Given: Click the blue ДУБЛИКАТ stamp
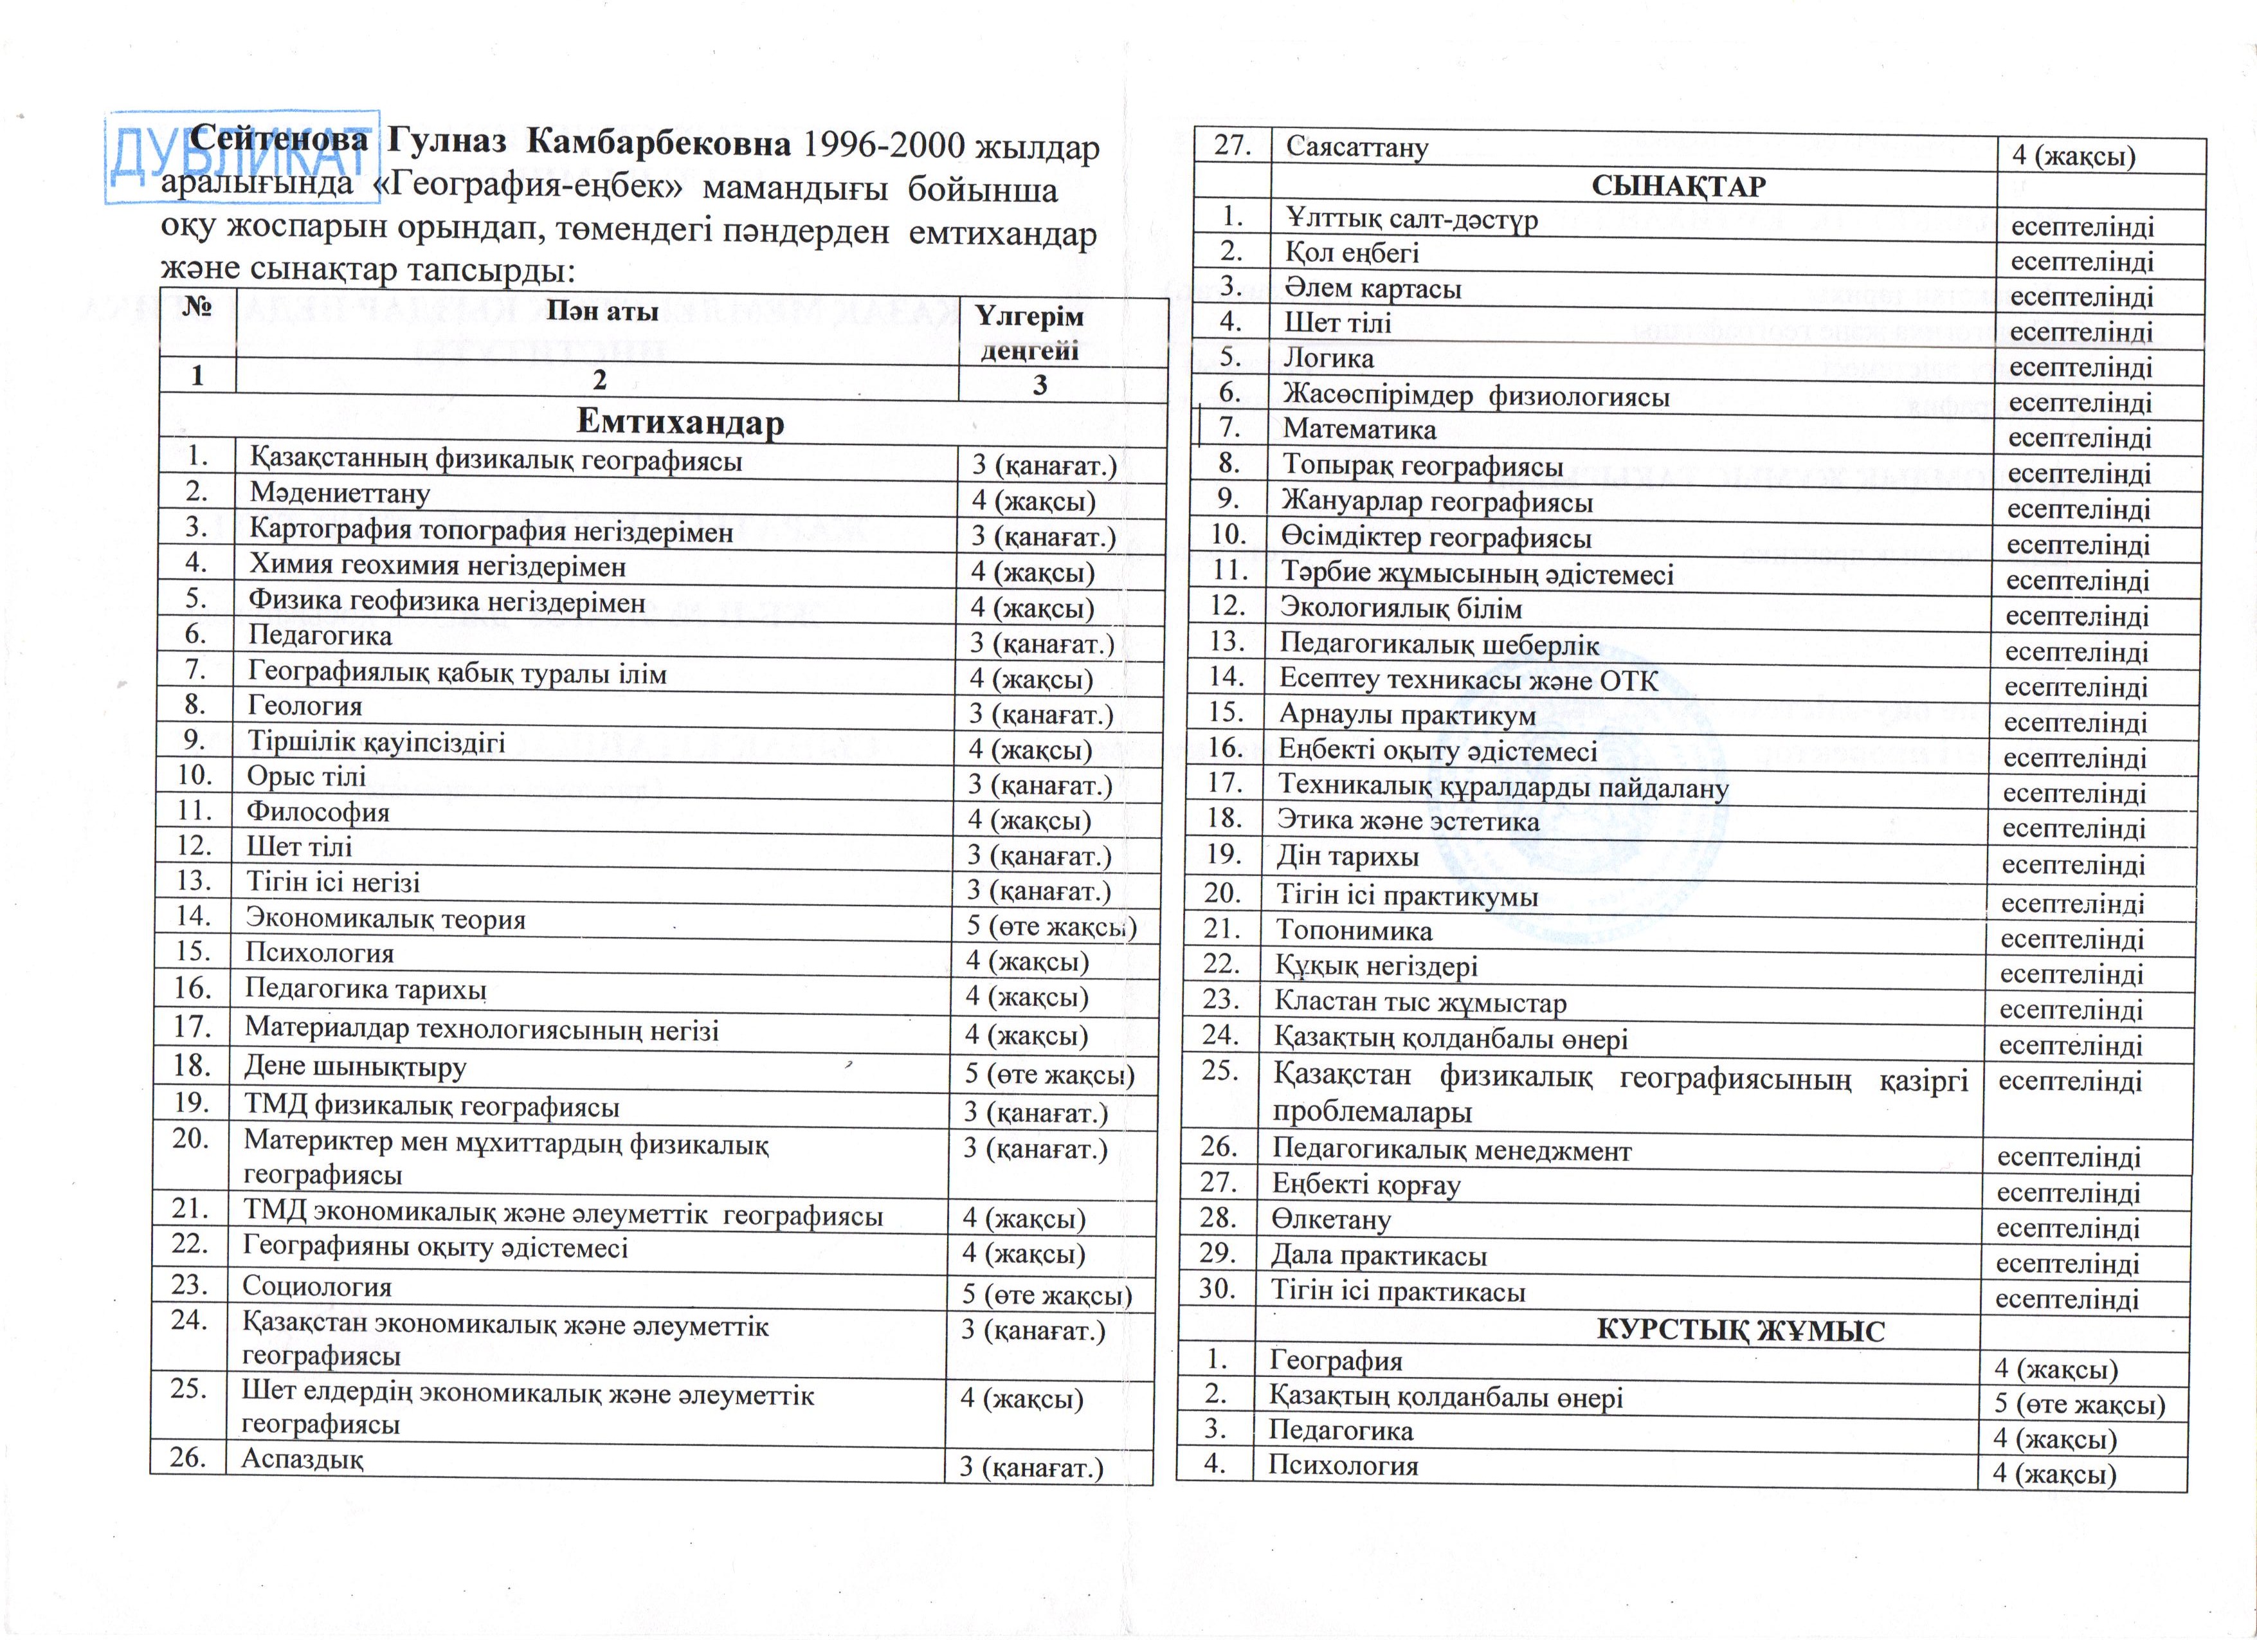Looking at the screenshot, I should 242,157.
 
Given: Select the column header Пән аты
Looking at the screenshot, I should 602,311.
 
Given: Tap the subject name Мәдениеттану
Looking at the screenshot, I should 340,493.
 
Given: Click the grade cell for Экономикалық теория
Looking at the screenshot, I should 1051,927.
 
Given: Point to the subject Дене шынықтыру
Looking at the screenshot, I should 355,1067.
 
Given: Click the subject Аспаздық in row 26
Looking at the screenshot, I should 302,1459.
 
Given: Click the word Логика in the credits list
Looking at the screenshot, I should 1328,358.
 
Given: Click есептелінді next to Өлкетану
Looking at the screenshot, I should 2067,1228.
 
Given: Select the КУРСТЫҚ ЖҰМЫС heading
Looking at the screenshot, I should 1741,1331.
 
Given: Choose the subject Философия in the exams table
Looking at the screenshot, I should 318,812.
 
